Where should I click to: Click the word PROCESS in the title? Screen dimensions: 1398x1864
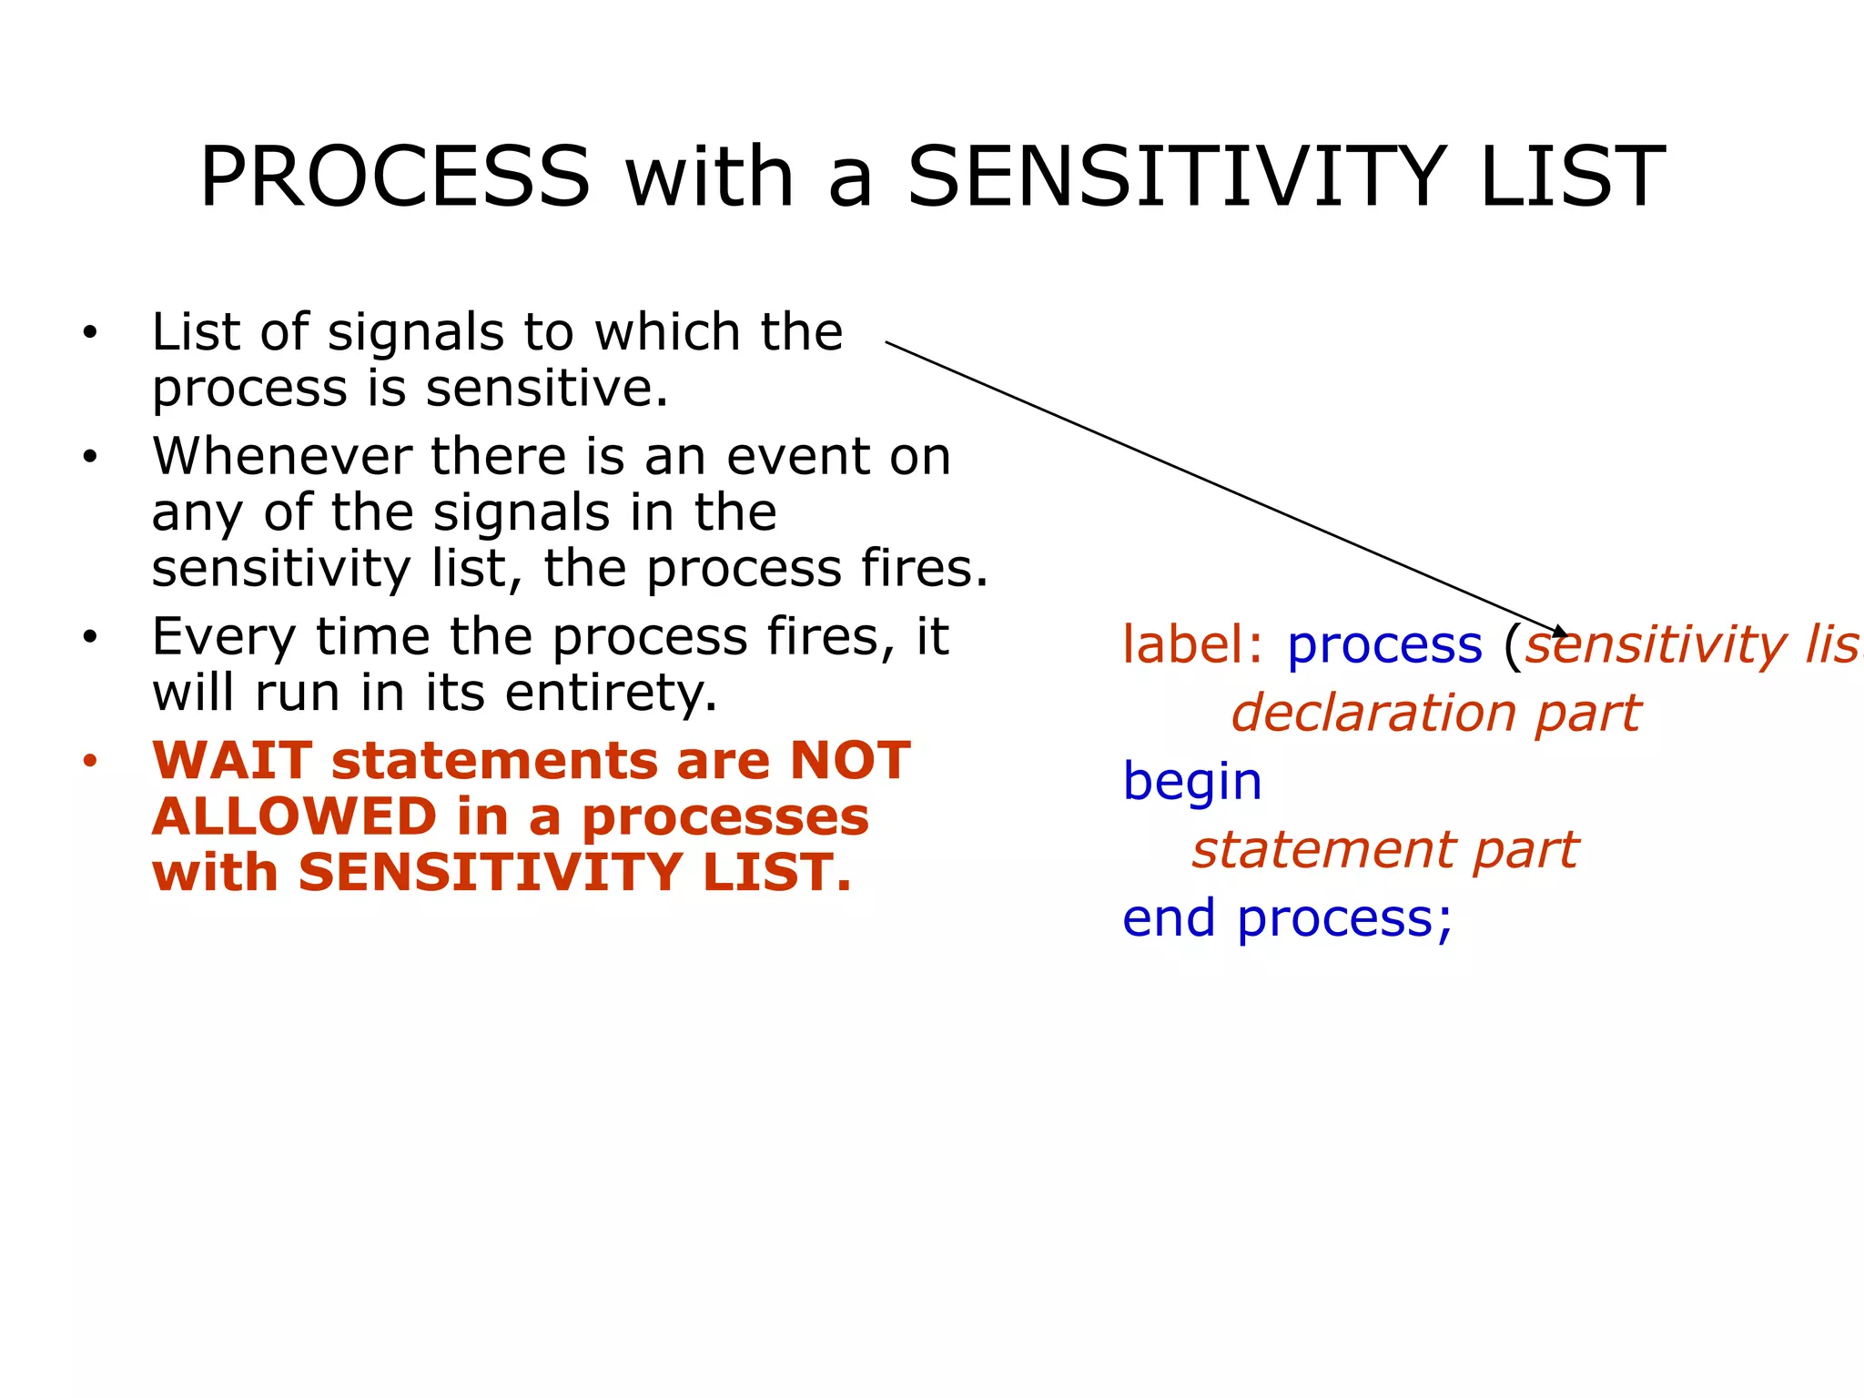[395, 177]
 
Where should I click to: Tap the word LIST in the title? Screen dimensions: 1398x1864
[1572, 177]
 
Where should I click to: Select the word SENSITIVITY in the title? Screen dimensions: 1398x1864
[1176, 177]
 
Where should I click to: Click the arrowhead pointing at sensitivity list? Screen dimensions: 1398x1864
[1559, 631]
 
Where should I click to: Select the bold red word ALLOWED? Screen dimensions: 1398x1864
[295, 816]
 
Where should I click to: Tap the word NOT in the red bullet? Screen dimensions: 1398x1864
[849, 761]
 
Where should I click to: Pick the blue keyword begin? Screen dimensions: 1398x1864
[1192, 782]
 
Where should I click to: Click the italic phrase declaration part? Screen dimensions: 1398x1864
[1435, 713]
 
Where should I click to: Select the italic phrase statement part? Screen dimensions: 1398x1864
[1385, 850]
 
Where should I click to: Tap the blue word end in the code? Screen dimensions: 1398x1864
[1169, 918]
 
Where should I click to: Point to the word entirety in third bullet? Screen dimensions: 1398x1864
[610, 694]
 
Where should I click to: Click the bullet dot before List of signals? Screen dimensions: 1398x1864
[89, 333]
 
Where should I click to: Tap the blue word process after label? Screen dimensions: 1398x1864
[1384, 647]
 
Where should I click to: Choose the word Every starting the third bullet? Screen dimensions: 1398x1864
[223, 637]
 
